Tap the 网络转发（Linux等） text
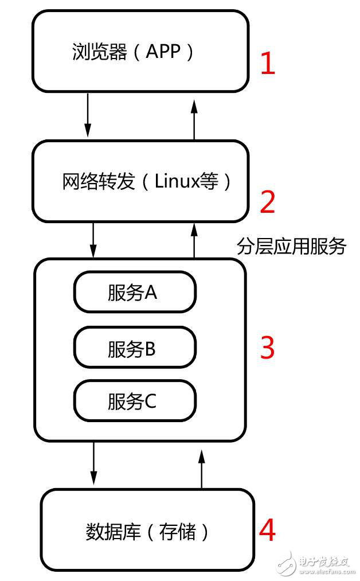coord(147,182)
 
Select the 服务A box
coord(135,293)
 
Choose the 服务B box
coord(135,348)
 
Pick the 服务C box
coord(135,401)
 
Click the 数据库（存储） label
coord(148,532)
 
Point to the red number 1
coord(268,64)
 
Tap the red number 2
coord(268,202)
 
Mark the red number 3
coord(268,348)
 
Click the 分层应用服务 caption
coord(291,247)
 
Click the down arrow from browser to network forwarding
coord(88,115)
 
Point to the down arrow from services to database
coord(93,463)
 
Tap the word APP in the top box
coord(163,52)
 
